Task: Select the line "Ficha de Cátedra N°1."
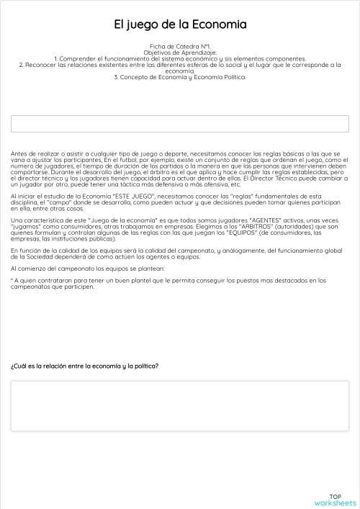pyautogui.click(x=180, y=46)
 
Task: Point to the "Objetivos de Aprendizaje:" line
pyautogui.click(x=180, y=53)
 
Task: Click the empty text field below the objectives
pyautogui.click(x=180, y=124)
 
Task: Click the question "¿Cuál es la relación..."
pyautogui.click(x=85, y=366)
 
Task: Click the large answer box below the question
pyautogui.click(x=180, y=405)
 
